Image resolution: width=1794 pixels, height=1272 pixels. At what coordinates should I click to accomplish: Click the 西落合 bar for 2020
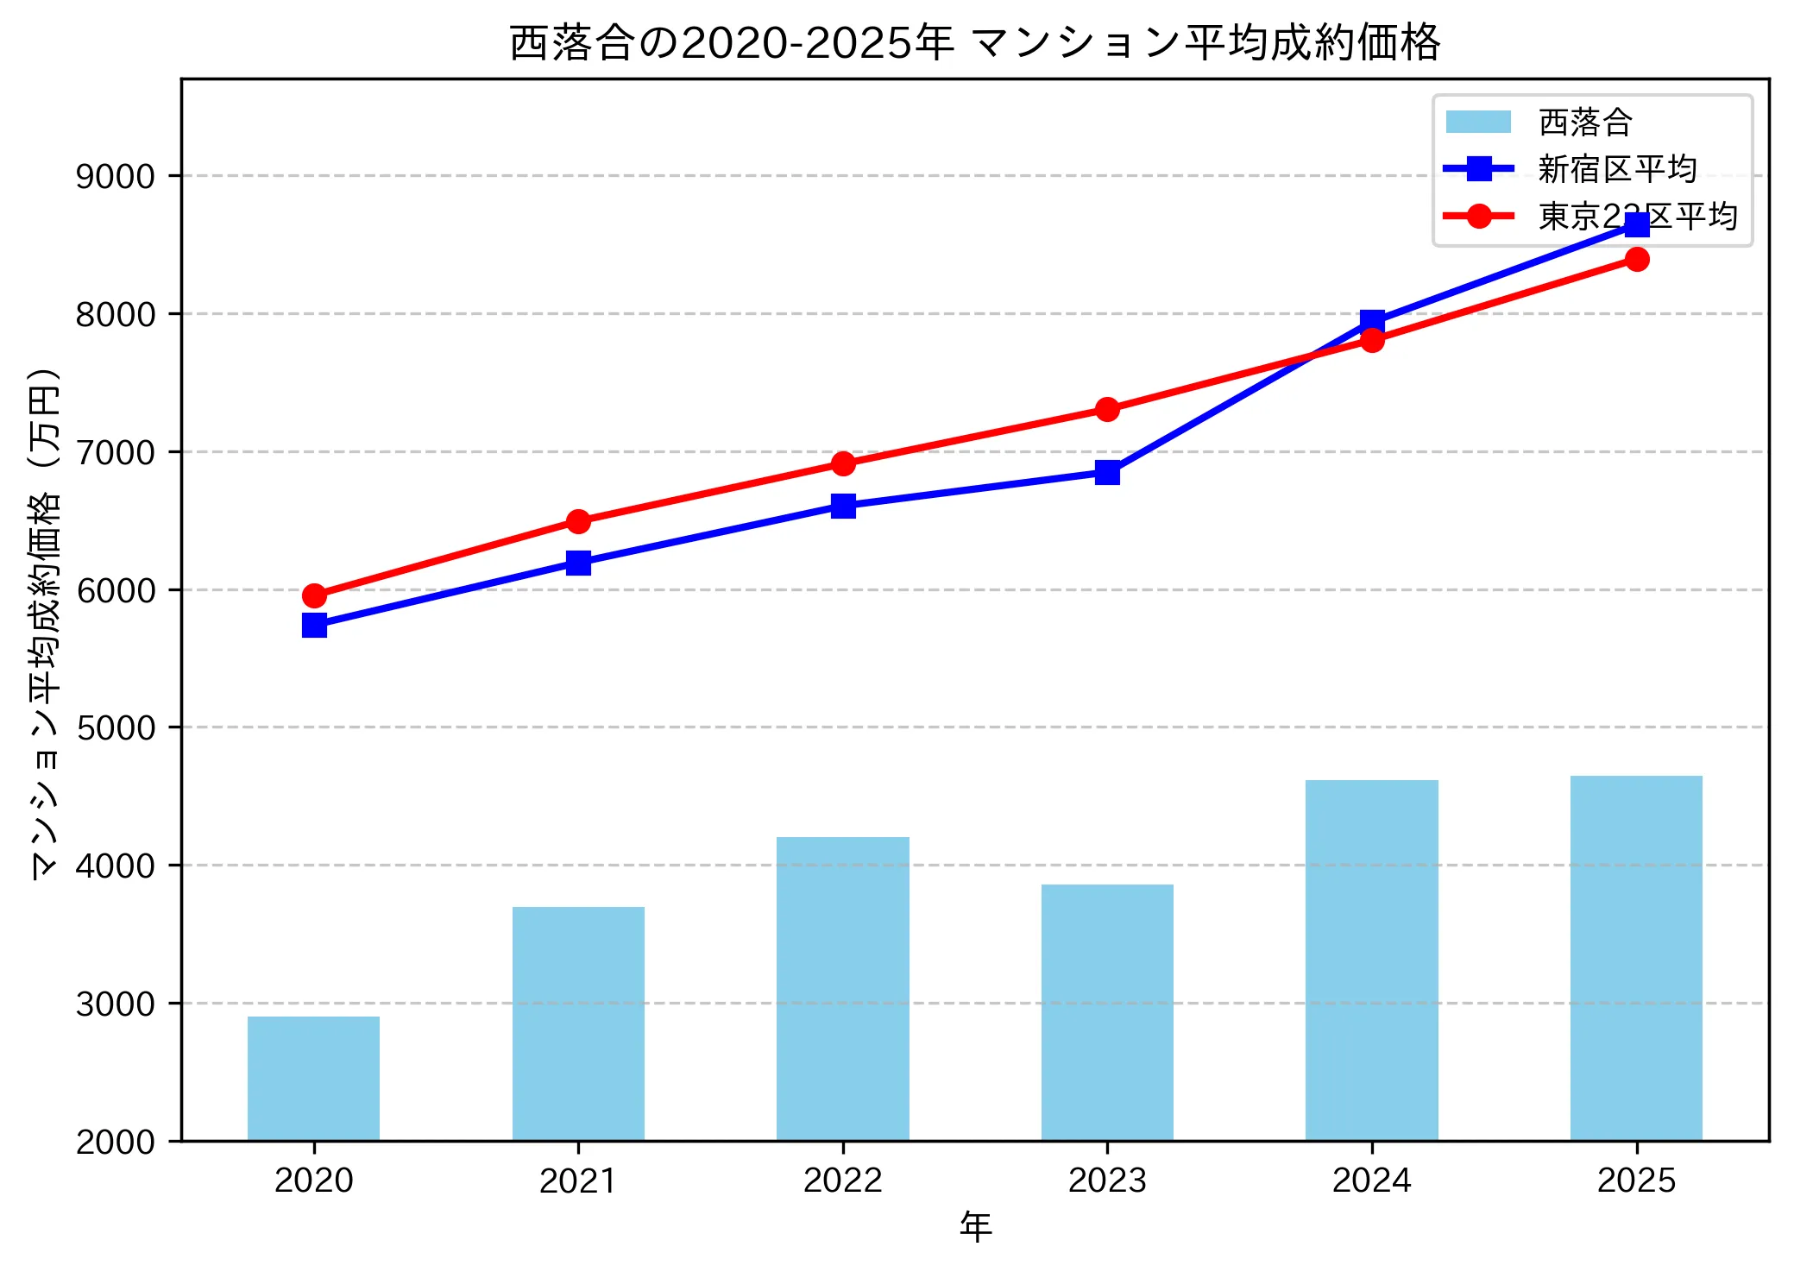313,1079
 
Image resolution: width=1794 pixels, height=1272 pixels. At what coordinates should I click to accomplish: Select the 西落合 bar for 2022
842,989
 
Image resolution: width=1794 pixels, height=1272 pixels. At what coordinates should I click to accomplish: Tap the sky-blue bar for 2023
1107,1012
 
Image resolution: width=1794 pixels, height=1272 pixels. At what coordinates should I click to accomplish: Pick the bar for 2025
1636,958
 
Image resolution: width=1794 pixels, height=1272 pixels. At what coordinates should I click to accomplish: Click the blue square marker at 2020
314,625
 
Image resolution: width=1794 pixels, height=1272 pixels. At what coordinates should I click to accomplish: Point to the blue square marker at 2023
1107,472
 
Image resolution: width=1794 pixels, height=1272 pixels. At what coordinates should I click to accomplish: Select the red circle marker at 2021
578,521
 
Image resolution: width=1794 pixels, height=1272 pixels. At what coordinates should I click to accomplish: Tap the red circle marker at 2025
1636,259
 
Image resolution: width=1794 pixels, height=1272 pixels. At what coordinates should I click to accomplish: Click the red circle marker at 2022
843,463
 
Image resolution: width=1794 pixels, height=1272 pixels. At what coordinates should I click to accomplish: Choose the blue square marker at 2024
1372,322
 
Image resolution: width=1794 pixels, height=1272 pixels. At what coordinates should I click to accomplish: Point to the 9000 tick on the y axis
116,176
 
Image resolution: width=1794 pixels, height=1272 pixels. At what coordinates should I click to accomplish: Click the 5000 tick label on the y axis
116,727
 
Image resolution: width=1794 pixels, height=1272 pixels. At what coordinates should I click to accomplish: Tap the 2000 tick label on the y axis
116,1142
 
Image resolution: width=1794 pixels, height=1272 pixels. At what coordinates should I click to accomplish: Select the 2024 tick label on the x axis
1371,1181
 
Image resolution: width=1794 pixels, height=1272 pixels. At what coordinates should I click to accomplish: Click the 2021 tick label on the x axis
578,1181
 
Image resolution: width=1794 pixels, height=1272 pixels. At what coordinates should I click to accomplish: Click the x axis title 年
975,1226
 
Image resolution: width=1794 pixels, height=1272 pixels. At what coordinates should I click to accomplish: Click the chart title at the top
975,42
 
